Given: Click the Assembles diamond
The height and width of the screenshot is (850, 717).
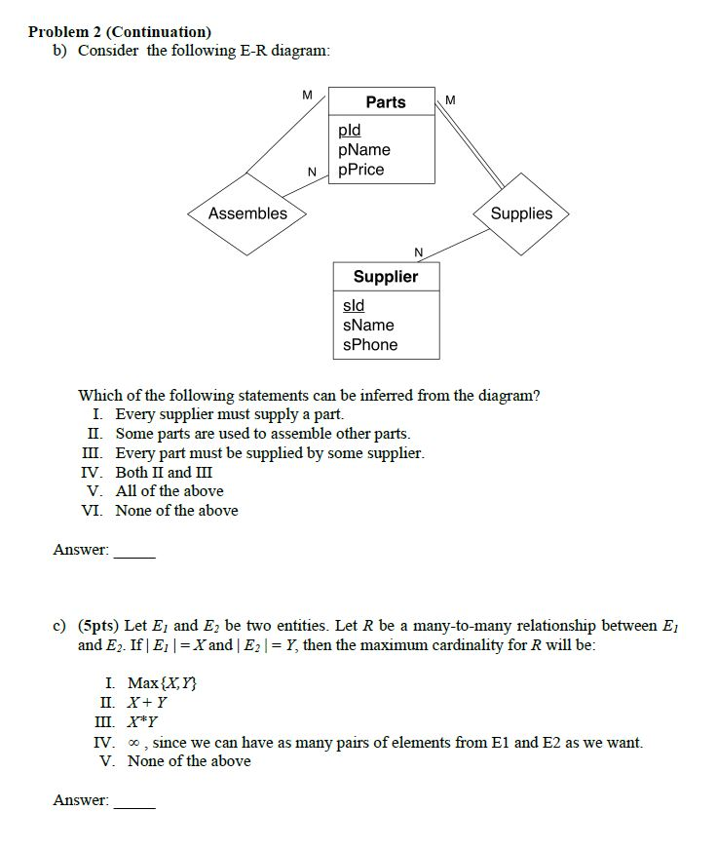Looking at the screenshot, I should (247, 213).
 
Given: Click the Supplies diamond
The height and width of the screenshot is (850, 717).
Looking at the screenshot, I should (520, 213).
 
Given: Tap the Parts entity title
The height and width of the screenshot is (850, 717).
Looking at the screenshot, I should (385, 102).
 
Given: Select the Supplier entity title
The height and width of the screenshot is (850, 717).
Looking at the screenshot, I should (385, 277).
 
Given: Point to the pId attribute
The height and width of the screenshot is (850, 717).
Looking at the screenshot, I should (349, 131).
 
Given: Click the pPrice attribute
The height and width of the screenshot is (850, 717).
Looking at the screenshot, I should (360, 170).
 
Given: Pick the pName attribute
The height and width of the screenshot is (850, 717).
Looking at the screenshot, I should (363, 150).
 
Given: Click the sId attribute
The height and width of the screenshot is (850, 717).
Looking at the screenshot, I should (352, 306).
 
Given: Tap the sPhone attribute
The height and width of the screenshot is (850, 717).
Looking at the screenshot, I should (369, 345).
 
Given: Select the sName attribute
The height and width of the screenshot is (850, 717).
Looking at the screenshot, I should (367, 326).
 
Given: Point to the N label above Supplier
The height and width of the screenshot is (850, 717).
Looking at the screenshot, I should (418, 253).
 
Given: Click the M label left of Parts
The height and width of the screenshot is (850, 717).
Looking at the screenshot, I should (308, 95).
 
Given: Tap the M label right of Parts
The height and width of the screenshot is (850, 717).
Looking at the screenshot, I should (449, 99).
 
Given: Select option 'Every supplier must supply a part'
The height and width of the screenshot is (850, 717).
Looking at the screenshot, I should (229, 414).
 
